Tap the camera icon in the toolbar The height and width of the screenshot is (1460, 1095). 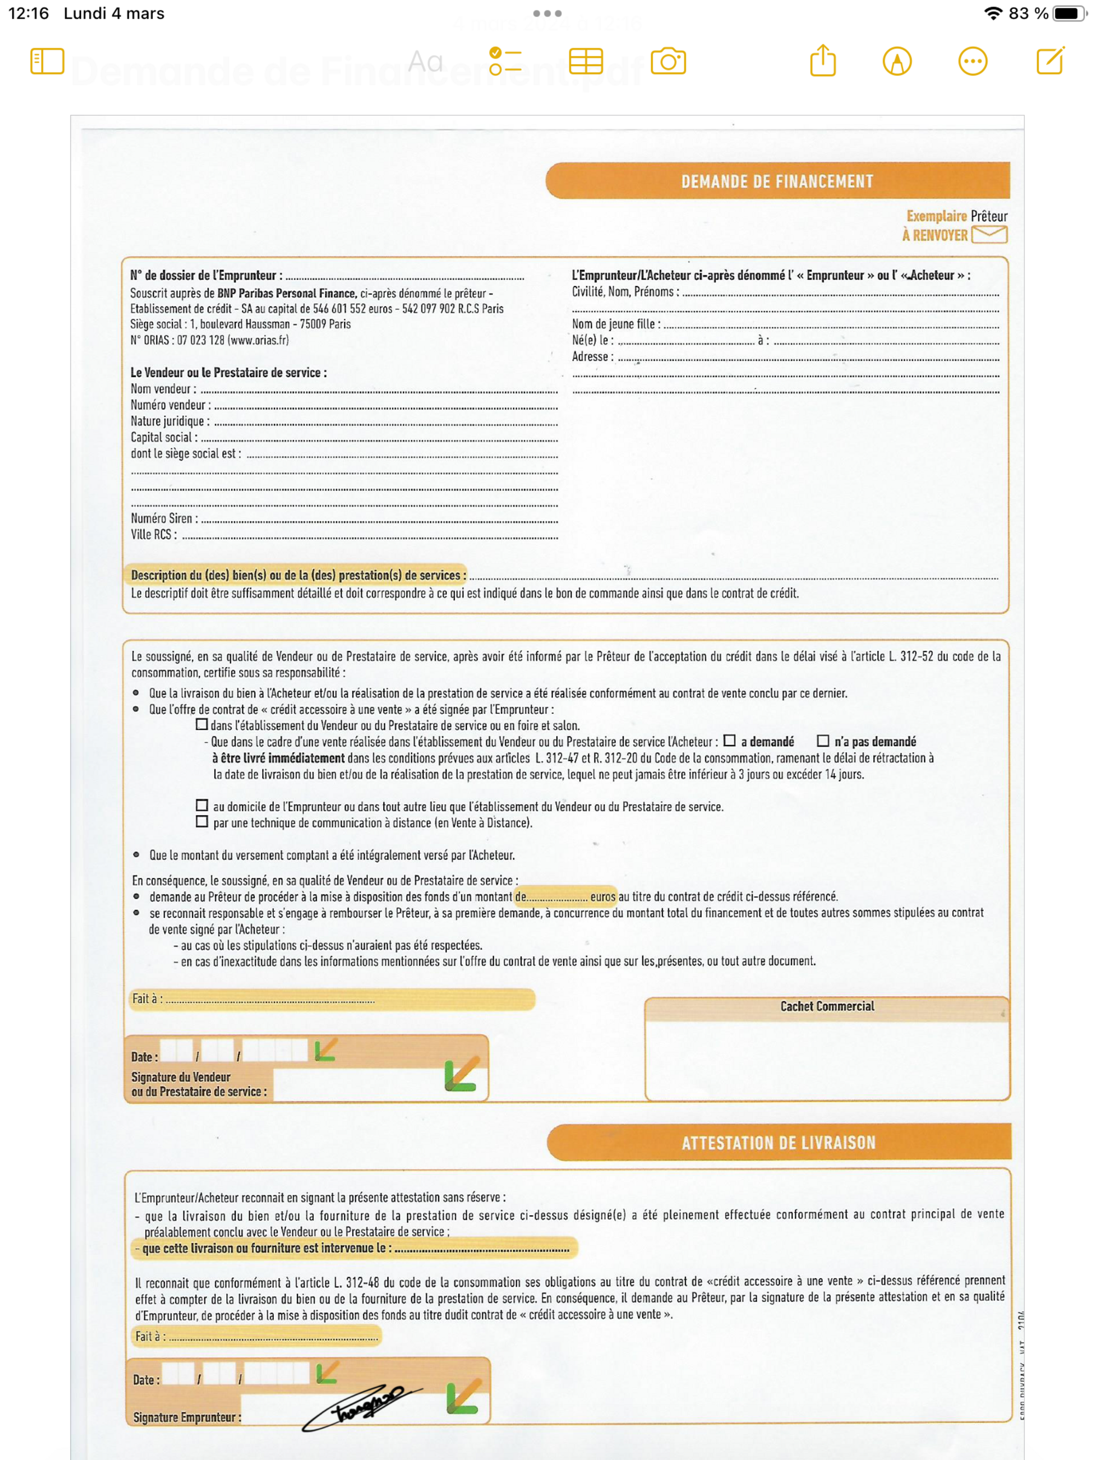tap(668, 61)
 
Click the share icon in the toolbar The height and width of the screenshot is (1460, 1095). tap(822, 61)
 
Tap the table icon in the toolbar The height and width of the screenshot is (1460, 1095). tap(585, 61)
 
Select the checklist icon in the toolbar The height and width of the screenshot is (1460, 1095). tap(505, 61)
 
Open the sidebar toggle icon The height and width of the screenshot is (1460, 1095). tap(48, 61)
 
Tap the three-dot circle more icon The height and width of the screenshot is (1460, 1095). tap(972, 61)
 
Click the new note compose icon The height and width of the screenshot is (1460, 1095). tap(1050, 61)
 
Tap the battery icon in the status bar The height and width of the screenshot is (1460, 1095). tap(1068, 13)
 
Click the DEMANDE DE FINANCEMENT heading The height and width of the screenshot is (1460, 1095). tap(777, 182)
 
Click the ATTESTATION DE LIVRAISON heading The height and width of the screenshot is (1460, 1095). tap(778, 1142)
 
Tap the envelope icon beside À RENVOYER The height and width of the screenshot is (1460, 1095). tap(989, 234)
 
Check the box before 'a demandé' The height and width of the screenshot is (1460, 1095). tap(729, 741)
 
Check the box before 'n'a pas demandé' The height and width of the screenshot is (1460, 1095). tap(823, 741)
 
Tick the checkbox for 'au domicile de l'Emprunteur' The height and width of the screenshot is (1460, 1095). tap(202, 805)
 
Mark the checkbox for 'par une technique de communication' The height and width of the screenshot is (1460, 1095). tap(202, 822)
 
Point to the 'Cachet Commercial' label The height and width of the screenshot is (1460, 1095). tap(827, 1006)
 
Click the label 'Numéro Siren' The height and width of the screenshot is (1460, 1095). tap(163, 518)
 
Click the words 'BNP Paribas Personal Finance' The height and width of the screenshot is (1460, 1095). tap(286, 293)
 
